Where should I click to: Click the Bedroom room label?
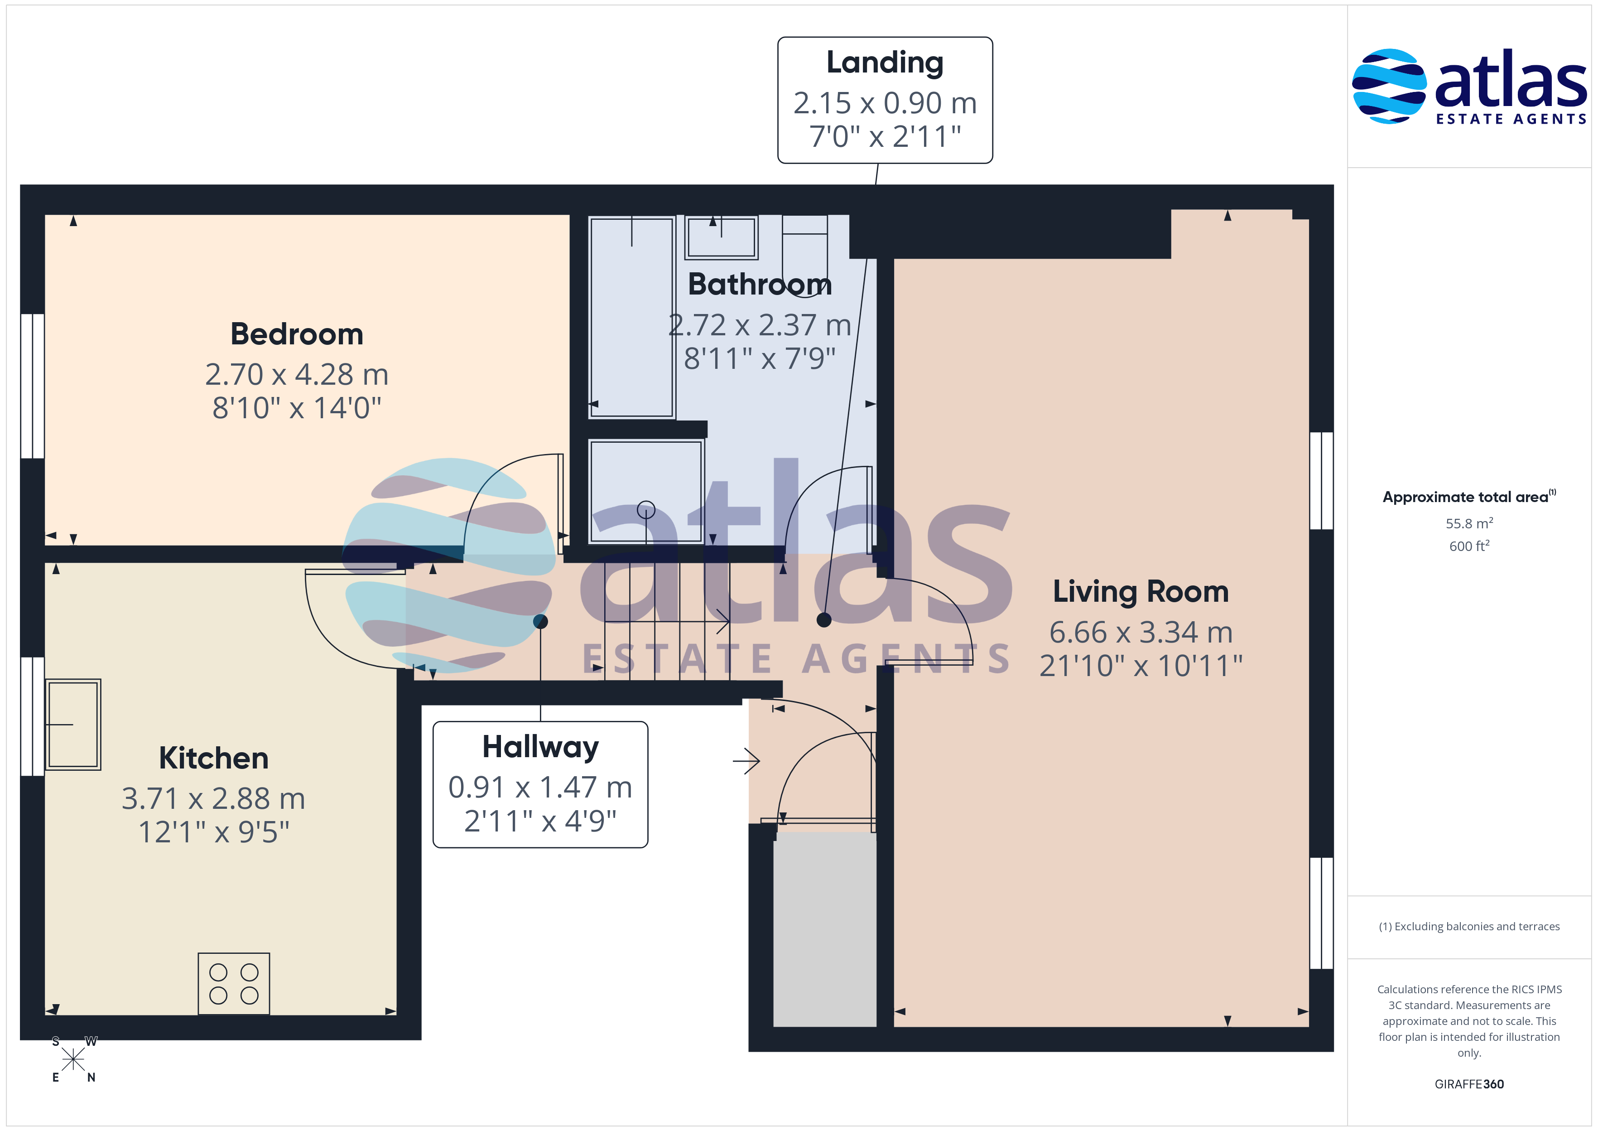297,334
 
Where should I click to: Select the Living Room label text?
1141,591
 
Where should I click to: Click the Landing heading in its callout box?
885,63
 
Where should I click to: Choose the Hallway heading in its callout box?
540,747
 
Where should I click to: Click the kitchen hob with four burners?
234,983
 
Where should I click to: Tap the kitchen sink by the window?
73,724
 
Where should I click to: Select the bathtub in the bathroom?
631,317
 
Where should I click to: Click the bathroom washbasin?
722,237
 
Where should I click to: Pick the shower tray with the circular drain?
646,491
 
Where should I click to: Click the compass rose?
73,1059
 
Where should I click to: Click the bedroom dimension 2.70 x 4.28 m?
297,375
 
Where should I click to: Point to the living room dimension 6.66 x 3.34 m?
1141,633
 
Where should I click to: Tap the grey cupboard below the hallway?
825,930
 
